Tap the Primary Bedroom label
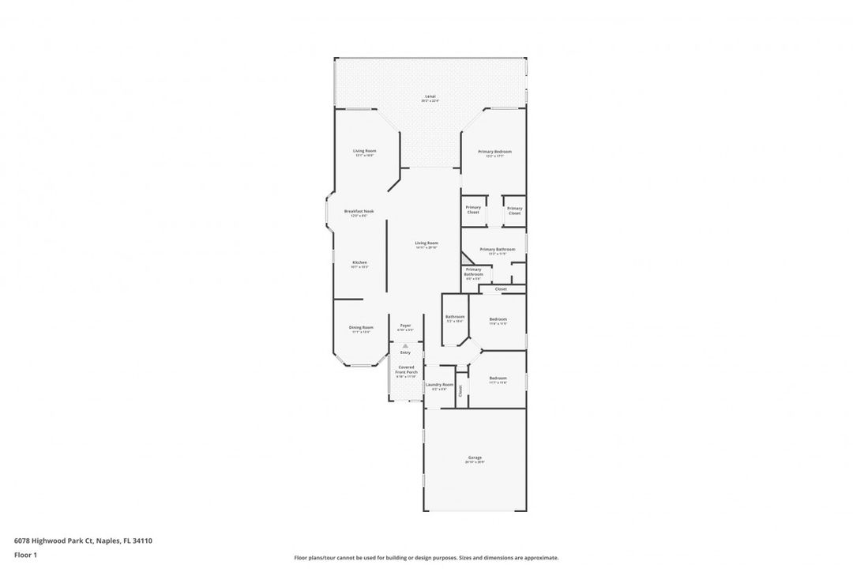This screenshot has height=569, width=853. point(494,151)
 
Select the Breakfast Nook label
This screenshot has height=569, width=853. point(359,211)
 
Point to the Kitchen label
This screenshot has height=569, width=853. point(359,262)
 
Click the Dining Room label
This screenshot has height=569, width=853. point(361,327)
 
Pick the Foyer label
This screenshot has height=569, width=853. point(405,326)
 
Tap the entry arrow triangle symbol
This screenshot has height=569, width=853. point(405,346)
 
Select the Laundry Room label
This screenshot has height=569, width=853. point(439,385)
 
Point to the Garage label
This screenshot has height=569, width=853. point(475,458)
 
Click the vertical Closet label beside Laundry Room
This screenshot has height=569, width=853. point(461,390)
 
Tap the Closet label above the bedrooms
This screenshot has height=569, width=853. point(501,289)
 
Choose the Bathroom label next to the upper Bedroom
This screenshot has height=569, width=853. point(455,317)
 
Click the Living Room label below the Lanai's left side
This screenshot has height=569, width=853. point(364,151)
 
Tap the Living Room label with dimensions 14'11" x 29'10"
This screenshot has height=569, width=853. point(426,243)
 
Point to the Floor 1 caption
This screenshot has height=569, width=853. point(25,555)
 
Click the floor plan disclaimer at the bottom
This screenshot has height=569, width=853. point(426,557)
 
